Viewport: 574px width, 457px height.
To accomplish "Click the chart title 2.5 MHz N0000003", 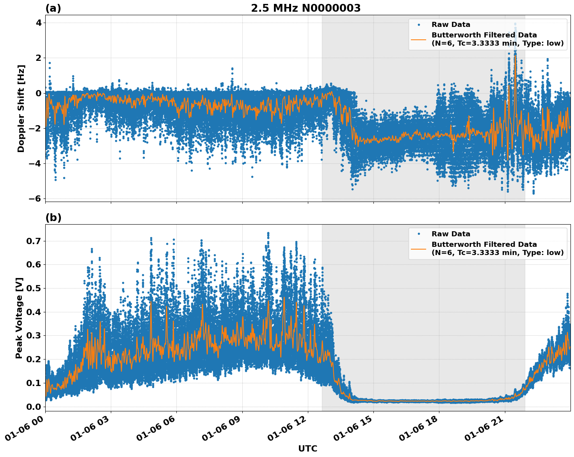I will tap(306, 8).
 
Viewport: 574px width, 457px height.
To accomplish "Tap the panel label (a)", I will tap(53, 8).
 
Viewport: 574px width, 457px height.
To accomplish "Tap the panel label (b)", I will tap(53, 218).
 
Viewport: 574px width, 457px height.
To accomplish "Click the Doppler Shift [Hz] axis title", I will tap(21, 108).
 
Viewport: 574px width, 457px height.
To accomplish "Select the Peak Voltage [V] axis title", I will tap(19, 318).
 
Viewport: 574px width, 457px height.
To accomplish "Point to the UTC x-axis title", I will tap(307, 448).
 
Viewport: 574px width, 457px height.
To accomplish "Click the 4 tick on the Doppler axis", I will tap(39, 23).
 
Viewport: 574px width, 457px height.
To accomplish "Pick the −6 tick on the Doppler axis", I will tap(35, 198).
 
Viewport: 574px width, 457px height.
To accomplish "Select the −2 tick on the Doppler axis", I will tap(35, 128).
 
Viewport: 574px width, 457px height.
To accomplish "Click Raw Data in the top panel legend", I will tap(451, 25).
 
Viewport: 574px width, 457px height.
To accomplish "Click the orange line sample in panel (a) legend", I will tap(418, 39).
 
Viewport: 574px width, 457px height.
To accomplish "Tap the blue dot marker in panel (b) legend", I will tap(418, 234).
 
